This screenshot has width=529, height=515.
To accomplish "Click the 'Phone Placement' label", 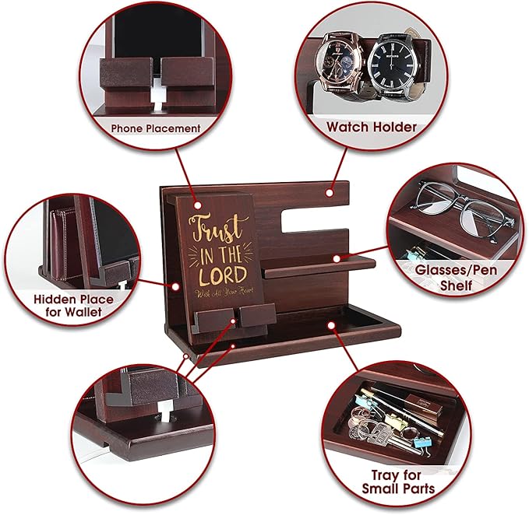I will click(155, 128).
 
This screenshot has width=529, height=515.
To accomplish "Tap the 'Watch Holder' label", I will click(371, 126).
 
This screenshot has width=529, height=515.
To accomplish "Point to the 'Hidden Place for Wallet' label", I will click(73, 305).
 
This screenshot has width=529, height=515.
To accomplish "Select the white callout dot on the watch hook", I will click(331, 190).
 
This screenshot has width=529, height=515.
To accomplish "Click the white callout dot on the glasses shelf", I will click(337, 257).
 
